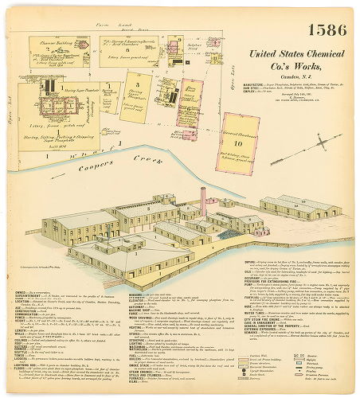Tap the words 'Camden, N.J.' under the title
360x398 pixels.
pyautogui.click(x=295, y=75)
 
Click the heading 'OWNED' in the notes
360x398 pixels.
pyautogui.click(x=22, y=292)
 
